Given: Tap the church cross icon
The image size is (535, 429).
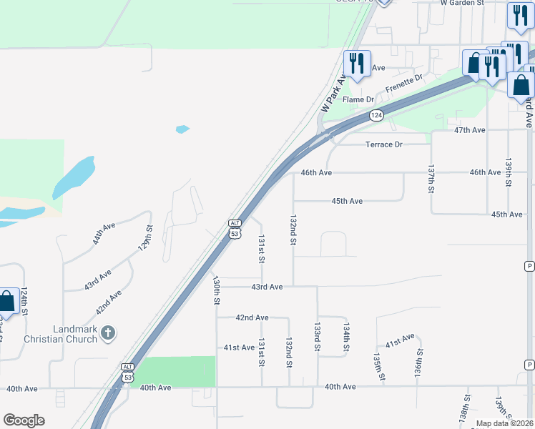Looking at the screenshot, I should coord(108,332).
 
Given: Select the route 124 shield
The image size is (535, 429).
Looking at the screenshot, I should coord(377,115).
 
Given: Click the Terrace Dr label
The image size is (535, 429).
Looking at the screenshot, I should coord(384,144).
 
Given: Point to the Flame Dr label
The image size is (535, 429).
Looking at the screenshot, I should coord(359,99).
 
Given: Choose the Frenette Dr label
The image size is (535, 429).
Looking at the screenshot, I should coord(404,83).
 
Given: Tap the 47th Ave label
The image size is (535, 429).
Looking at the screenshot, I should coord(470,130).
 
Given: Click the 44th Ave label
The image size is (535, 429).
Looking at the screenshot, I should coord(104,234).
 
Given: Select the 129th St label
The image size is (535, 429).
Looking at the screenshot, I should coord(145,239).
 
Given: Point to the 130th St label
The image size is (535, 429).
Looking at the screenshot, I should coord(215,291).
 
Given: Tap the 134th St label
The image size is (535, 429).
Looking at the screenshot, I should coord(345,336).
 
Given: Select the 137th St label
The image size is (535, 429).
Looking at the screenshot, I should coord(431,179).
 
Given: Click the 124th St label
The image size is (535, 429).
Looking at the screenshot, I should coord(24,302).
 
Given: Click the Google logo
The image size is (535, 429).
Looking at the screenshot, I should coord(24,420).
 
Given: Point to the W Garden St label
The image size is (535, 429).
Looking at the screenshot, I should coord(462,3).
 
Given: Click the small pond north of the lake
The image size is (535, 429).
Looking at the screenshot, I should coord(182,129).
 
